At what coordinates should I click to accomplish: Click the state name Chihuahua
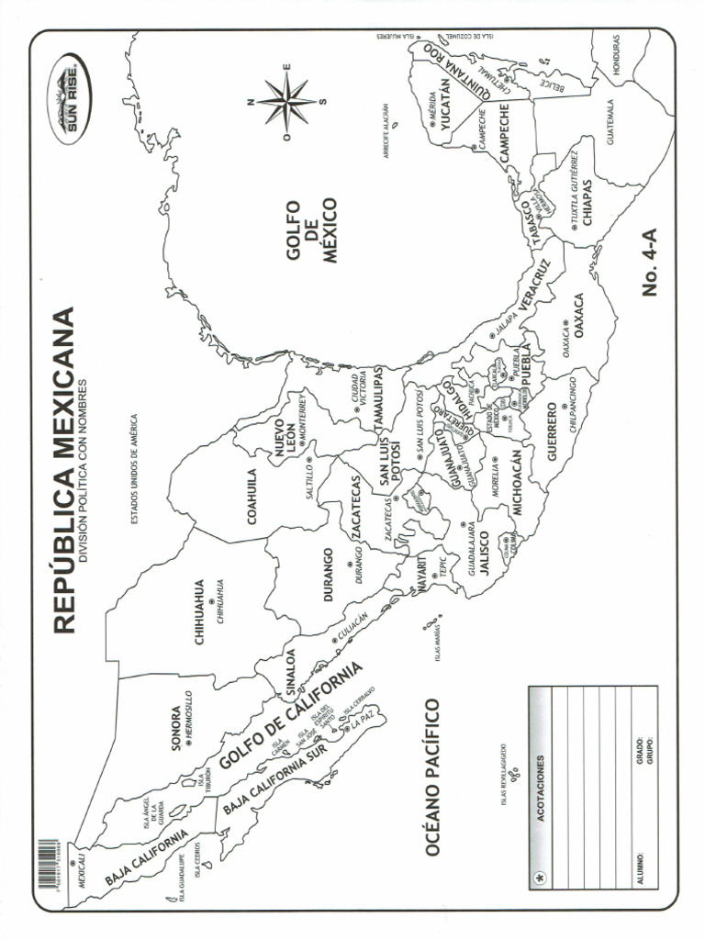(200, 612)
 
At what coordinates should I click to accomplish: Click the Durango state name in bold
(328, 576)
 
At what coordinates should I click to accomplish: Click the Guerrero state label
(553, 431)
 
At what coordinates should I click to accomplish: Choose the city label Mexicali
(82, 867)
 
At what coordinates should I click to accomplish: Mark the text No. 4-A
(652, 263)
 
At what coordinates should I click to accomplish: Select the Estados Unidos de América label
(134, 468)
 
